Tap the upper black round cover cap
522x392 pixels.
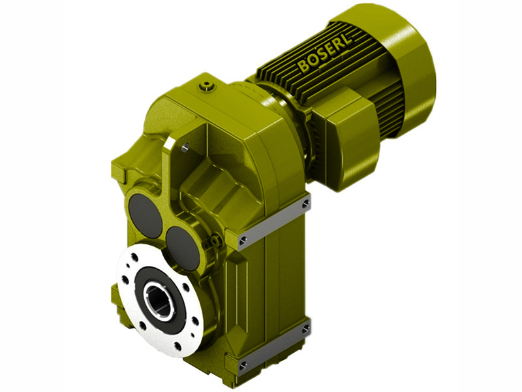pos(145,216)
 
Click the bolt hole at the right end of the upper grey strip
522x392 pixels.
pos(305,206)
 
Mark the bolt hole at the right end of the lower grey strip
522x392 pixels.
pos(305,331)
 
